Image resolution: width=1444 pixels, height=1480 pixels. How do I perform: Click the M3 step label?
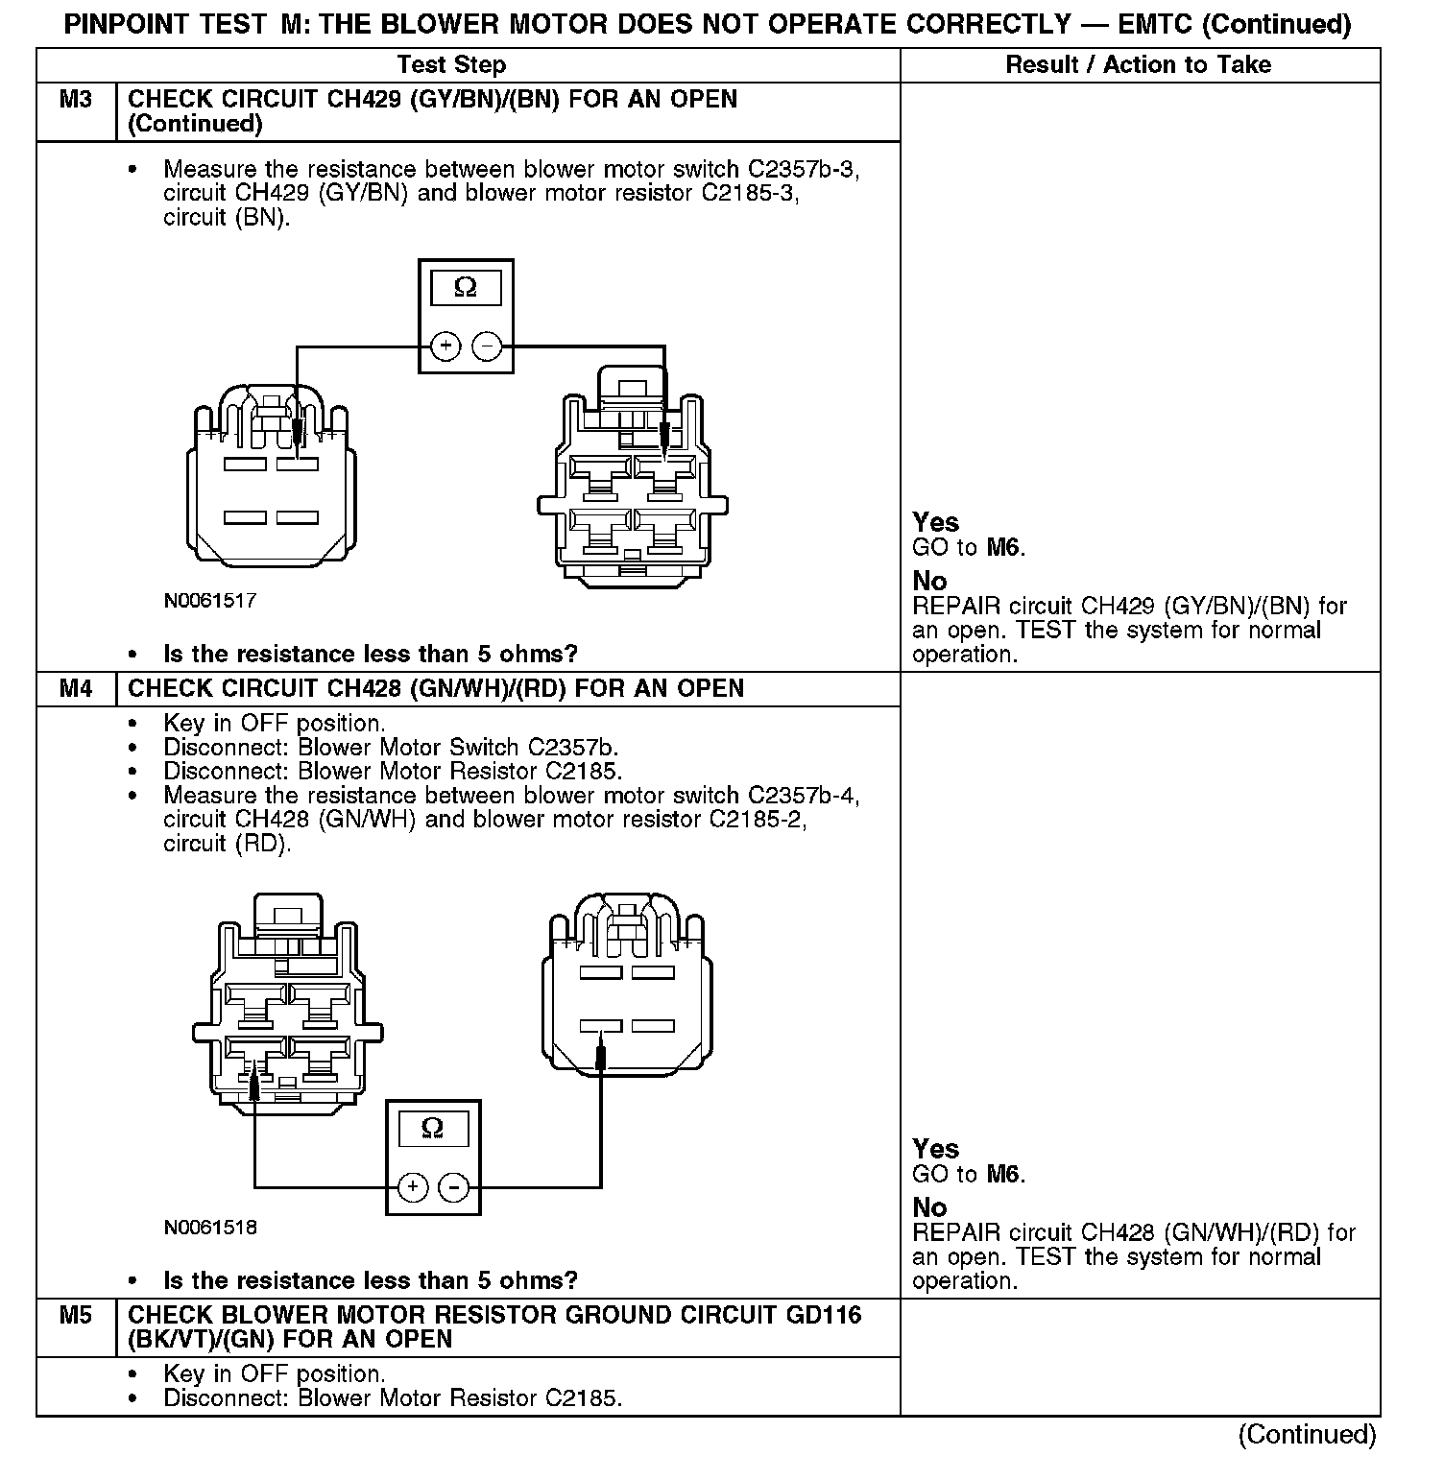75,100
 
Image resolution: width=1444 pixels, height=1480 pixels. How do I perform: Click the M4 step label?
75,689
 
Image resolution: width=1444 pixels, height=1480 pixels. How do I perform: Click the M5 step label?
75,1316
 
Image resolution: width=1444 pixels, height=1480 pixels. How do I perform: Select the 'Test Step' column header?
451,64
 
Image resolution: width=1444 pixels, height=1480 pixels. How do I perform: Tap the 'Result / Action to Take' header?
1138,64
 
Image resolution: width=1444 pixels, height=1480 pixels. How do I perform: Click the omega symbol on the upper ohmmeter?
465,287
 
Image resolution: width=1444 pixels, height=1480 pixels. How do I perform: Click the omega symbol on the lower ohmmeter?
432,1128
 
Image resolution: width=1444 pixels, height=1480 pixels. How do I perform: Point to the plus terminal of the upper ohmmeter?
445,346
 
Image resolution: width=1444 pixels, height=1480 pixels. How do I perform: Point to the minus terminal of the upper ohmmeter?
487,346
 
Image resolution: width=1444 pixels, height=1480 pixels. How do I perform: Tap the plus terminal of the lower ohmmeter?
413,1187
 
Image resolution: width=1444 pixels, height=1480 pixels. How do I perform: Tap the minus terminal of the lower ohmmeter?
454,1187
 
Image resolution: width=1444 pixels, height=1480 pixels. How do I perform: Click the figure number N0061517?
209,601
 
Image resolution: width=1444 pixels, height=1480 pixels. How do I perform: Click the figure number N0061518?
209,1228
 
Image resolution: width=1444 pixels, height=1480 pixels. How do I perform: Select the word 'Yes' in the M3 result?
935,523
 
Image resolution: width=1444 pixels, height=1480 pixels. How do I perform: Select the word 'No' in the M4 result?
929,1207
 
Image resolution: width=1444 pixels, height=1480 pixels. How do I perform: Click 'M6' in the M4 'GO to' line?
1004,1174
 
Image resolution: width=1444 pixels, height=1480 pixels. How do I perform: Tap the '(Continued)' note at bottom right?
1307,1435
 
